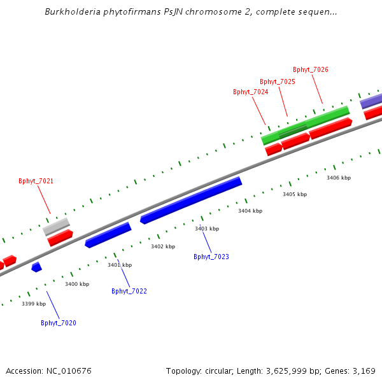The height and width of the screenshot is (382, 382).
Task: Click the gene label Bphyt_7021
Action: click(x=36, y=181)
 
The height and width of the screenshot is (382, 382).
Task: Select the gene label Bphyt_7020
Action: click(x=59, y=323)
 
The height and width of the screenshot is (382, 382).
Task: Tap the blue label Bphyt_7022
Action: click(x=129, y=292)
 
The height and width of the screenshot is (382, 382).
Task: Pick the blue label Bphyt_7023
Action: click(x=211, y=257)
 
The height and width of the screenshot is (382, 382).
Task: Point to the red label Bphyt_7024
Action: click(x=250, y=92)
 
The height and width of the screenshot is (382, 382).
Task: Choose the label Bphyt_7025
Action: click(x=278, y=82)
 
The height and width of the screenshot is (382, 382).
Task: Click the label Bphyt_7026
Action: click(x=311, y=70)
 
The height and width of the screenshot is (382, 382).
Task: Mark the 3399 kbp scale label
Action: click(x=34, y=304)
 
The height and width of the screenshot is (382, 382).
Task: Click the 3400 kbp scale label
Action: click(x=77, y=285)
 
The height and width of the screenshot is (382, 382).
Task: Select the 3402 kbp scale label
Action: click(x=163, y=246)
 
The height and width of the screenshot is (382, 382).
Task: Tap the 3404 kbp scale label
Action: click(x=250, y=211)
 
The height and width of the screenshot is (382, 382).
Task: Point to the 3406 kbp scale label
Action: click(x=339, y=178)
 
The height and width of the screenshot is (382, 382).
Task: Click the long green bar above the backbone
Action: click(x=306, y=125)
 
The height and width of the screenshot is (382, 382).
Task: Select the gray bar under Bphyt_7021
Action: click(x=57, y=226)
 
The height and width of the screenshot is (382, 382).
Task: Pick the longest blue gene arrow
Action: click(x=191, y=200)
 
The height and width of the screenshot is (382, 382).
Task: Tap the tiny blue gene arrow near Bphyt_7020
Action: click(x=37, y=267)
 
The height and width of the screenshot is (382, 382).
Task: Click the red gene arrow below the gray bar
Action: click(x=60, y=238)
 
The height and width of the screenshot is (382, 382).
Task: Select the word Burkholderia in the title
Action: click(x=73, y=12)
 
